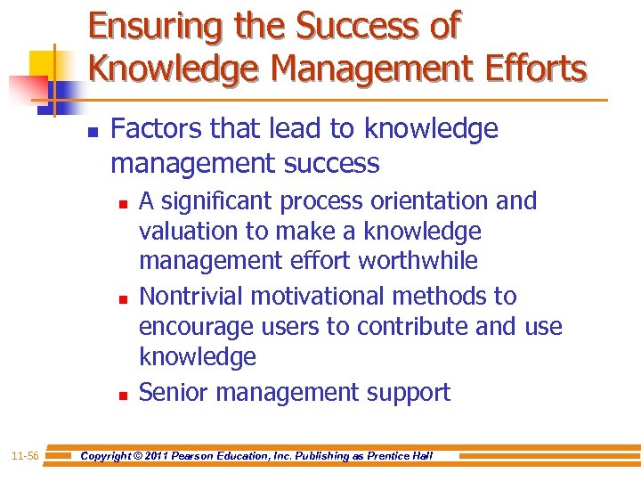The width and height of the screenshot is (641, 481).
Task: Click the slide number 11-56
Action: (26, 456)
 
